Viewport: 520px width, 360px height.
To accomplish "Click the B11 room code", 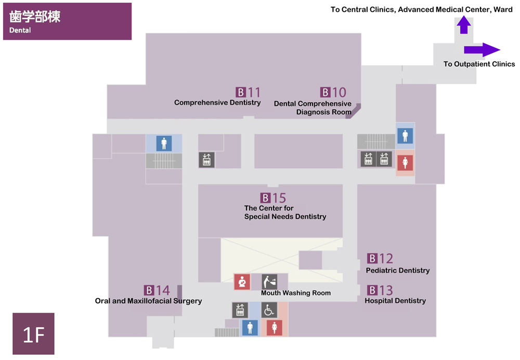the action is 248,92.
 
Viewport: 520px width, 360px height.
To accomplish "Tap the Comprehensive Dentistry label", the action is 217,102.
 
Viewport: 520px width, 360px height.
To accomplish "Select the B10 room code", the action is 333,92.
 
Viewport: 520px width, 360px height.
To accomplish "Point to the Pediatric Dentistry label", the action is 398,271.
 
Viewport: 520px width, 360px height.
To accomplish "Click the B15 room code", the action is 273,198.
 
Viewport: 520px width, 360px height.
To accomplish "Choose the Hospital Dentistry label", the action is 395,301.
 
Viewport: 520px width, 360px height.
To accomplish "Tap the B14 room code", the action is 157,290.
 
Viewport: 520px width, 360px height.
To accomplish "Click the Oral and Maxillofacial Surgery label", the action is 148,301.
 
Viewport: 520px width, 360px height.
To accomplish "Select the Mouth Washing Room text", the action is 296,293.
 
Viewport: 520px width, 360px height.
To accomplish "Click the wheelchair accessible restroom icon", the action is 269,310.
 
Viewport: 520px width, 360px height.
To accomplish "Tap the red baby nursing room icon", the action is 242,281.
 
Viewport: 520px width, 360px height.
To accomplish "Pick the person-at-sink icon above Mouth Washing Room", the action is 269,282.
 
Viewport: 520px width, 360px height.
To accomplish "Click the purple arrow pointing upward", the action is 464,25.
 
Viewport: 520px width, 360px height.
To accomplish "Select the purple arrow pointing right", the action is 482,50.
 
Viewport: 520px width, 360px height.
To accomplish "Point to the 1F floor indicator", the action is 33,334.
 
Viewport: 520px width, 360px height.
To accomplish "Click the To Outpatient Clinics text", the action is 479,64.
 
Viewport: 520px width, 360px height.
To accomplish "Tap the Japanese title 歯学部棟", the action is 35,17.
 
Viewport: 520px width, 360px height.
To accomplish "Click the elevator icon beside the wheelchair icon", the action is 240,310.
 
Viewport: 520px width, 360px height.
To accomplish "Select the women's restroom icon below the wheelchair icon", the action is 275,328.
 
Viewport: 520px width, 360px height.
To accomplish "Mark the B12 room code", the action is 380,259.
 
